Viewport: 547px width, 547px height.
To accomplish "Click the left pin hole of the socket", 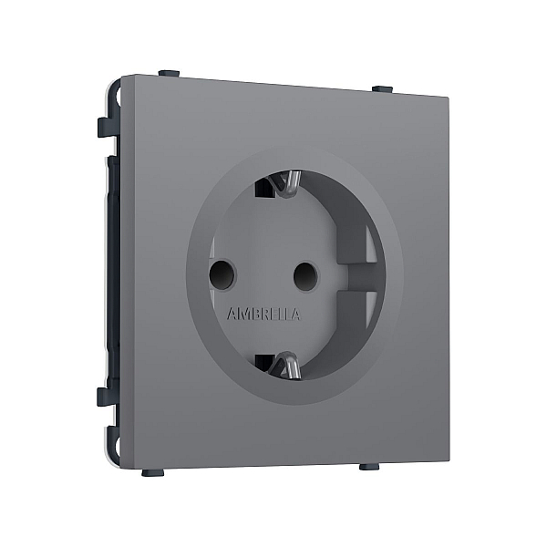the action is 222,273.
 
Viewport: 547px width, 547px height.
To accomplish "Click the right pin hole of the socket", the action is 306,275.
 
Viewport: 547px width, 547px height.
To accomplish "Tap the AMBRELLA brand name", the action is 263,314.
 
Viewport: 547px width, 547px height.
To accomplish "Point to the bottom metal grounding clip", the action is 287,366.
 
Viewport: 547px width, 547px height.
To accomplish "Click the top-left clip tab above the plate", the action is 169,74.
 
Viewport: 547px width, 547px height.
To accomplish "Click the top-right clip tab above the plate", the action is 382,88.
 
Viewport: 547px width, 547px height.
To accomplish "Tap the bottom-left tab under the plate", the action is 153,472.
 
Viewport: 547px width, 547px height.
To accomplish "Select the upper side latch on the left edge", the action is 108,128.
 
